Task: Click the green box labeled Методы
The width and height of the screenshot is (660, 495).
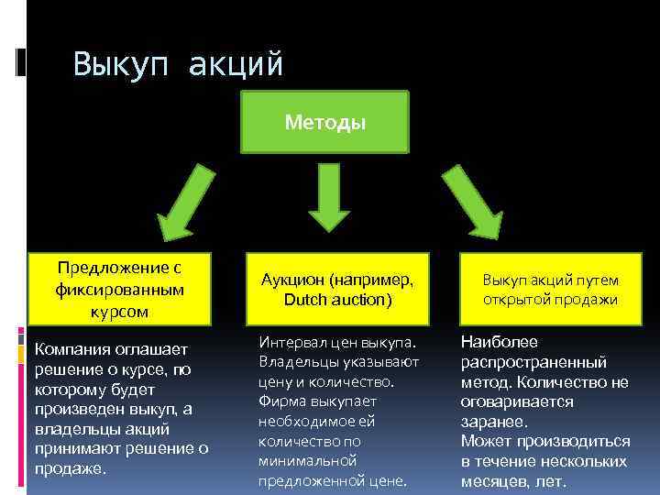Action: (x=324, y=122)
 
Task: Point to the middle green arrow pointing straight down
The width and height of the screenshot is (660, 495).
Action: (x=324, y=197)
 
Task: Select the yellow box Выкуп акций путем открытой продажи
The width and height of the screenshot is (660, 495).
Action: (x=550, y=289)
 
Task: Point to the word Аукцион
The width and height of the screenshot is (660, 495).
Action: (x=292, y=280)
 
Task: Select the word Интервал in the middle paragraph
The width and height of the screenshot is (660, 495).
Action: (x=291, y=341)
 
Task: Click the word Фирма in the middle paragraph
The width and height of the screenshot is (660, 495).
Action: (x=278, y=401)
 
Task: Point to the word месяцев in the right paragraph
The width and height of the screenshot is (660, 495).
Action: (x=496, y=481)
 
